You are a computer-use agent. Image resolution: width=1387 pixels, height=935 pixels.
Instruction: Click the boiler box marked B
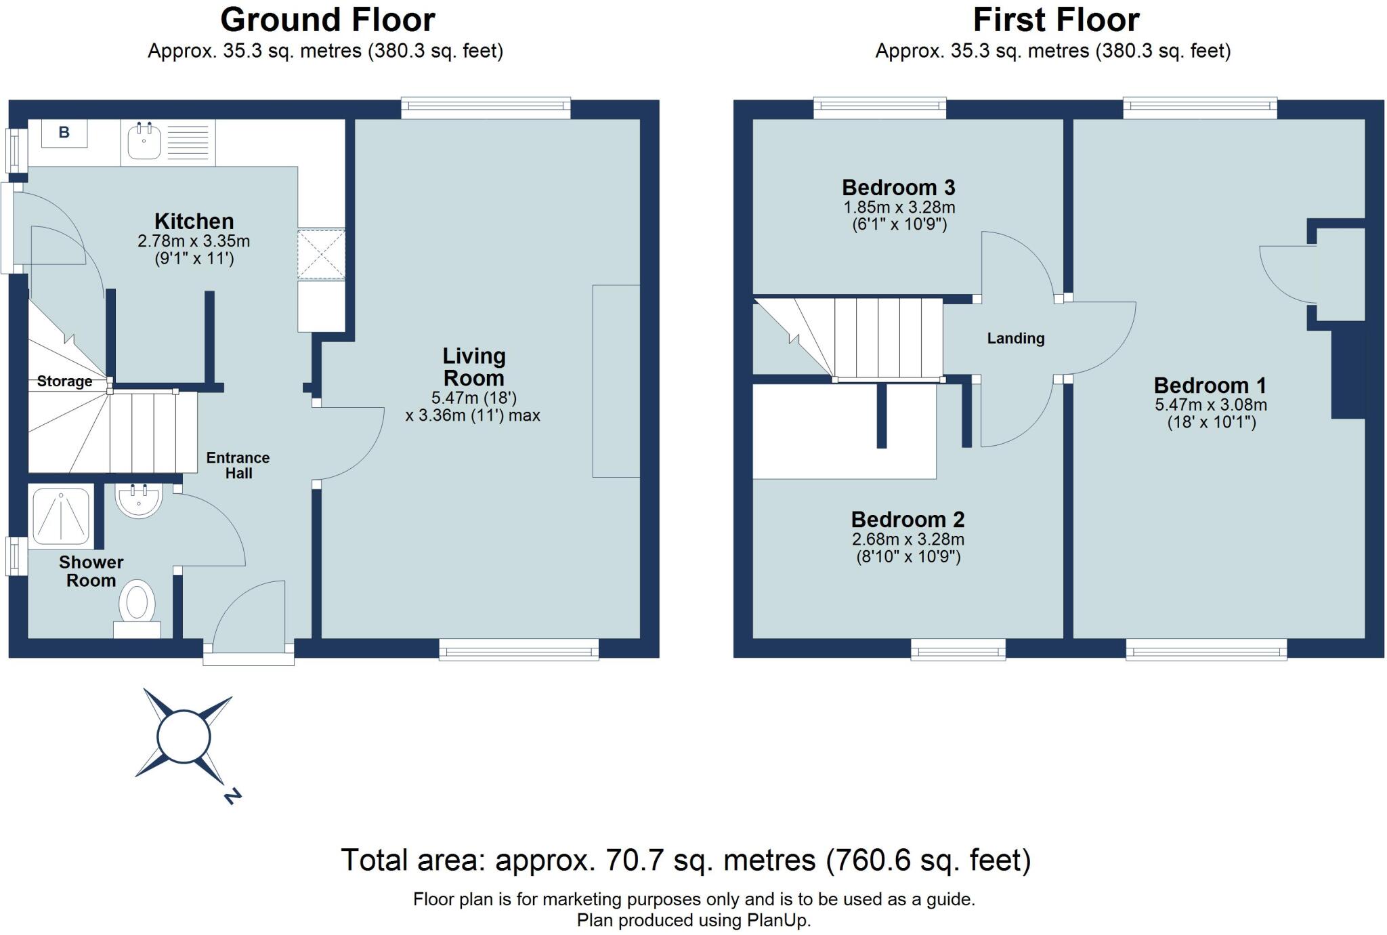click(x=64, y=133)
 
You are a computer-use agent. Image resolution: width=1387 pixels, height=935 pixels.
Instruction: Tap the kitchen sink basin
click(x=143, y=142)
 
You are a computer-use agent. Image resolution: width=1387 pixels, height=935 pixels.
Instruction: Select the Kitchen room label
click(x=194, y=221)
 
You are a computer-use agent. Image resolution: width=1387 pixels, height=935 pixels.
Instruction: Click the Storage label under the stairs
click(x=64, y=381)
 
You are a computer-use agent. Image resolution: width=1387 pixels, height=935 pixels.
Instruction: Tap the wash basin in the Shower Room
click(x=138, y=500)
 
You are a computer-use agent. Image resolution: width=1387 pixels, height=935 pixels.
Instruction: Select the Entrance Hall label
click(x=238, y=465)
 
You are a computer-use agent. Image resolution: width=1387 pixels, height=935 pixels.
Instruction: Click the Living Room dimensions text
click(x=473, y=407)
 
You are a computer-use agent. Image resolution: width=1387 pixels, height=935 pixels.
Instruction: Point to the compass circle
click(x=184, y=736)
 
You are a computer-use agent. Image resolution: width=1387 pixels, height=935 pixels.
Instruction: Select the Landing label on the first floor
click(x=1015, y=338)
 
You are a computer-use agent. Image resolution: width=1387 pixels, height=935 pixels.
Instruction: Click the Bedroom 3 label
click(x=898, y=187)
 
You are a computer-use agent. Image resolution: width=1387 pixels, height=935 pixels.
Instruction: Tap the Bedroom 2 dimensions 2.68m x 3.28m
click(x=908, y=540)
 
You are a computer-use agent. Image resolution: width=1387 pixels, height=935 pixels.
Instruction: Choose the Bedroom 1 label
click(x=1210, y=386)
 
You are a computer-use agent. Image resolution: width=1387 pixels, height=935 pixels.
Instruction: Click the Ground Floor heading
click(x=327, y=20)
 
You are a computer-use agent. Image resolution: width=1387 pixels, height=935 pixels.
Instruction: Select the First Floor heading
click(x=1056, y=20)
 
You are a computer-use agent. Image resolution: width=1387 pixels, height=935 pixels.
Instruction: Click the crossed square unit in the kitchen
click(x=321, y=255)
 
